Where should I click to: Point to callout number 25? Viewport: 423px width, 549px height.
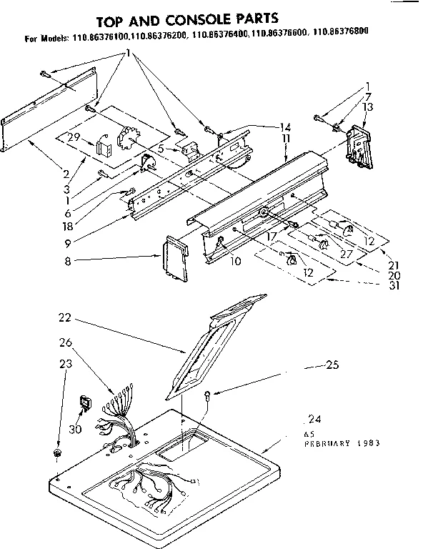331,366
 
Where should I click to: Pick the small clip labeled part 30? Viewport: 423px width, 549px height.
86,405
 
